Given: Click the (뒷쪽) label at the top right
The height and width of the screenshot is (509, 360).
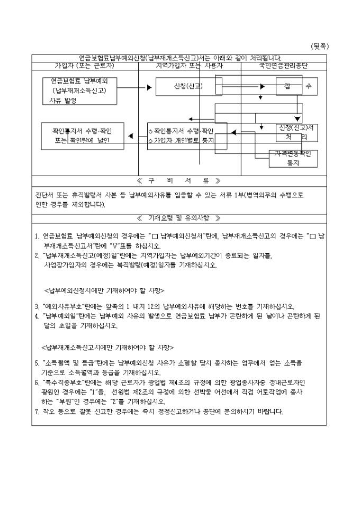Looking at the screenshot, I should coord(320,46).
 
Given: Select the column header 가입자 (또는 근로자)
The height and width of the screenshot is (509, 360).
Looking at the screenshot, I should coord(85,66).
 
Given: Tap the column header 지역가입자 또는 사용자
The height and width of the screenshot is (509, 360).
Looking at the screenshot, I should coord(189,66).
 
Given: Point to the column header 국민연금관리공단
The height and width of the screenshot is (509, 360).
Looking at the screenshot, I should coord(284,66).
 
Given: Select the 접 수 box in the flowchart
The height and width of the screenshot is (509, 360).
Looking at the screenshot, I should coord(296,86).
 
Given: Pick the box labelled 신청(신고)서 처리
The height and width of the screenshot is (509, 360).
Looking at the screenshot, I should coord(296,132).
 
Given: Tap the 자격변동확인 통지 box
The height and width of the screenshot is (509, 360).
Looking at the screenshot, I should coord(293,159).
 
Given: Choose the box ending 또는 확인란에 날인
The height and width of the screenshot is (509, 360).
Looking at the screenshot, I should coord(83,135).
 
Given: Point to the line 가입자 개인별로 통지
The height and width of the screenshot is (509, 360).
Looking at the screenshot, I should coord(183,141).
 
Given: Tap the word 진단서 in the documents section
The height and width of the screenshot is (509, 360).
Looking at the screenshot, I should coord(44,195).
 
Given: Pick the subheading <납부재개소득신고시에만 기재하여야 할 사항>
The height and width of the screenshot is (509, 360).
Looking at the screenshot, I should coord(107,347).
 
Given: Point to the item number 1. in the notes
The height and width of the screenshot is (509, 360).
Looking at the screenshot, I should coord(37,237).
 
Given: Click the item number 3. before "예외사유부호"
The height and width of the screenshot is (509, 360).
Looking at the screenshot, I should coord(37,306).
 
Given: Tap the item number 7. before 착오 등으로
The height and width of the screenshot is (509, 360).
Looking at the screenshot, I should coord(37,411).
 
